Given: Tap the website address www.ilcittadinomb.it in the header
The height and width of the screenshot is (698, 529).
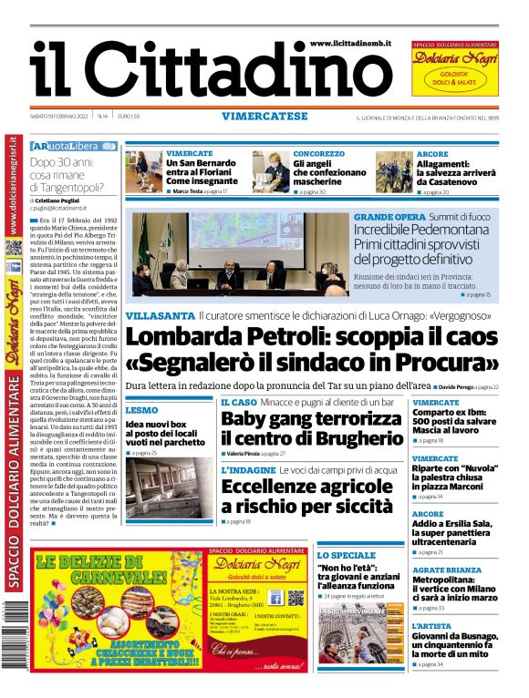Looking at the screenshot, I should coord(353,44).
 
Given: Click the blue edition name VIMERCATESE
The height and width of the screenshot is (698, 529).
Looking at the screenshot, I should coord(264,116).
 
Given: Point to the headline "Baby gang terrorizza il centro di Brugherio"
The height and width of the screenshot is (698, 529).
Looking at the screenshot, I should coord(311,428).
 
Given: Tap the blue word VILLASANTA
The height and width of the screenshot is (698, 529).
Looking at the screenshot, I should coord(159,315).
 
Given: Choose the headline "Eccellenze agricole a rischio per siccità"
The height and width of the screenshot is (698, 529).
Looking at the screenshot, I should coord(310,496).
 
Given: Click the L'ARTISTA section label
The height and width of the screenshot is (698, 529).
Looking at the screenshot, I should coord(431,627).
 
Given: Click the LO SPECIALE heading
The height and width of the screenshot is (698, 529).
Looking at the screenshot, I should coord(347,555).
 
